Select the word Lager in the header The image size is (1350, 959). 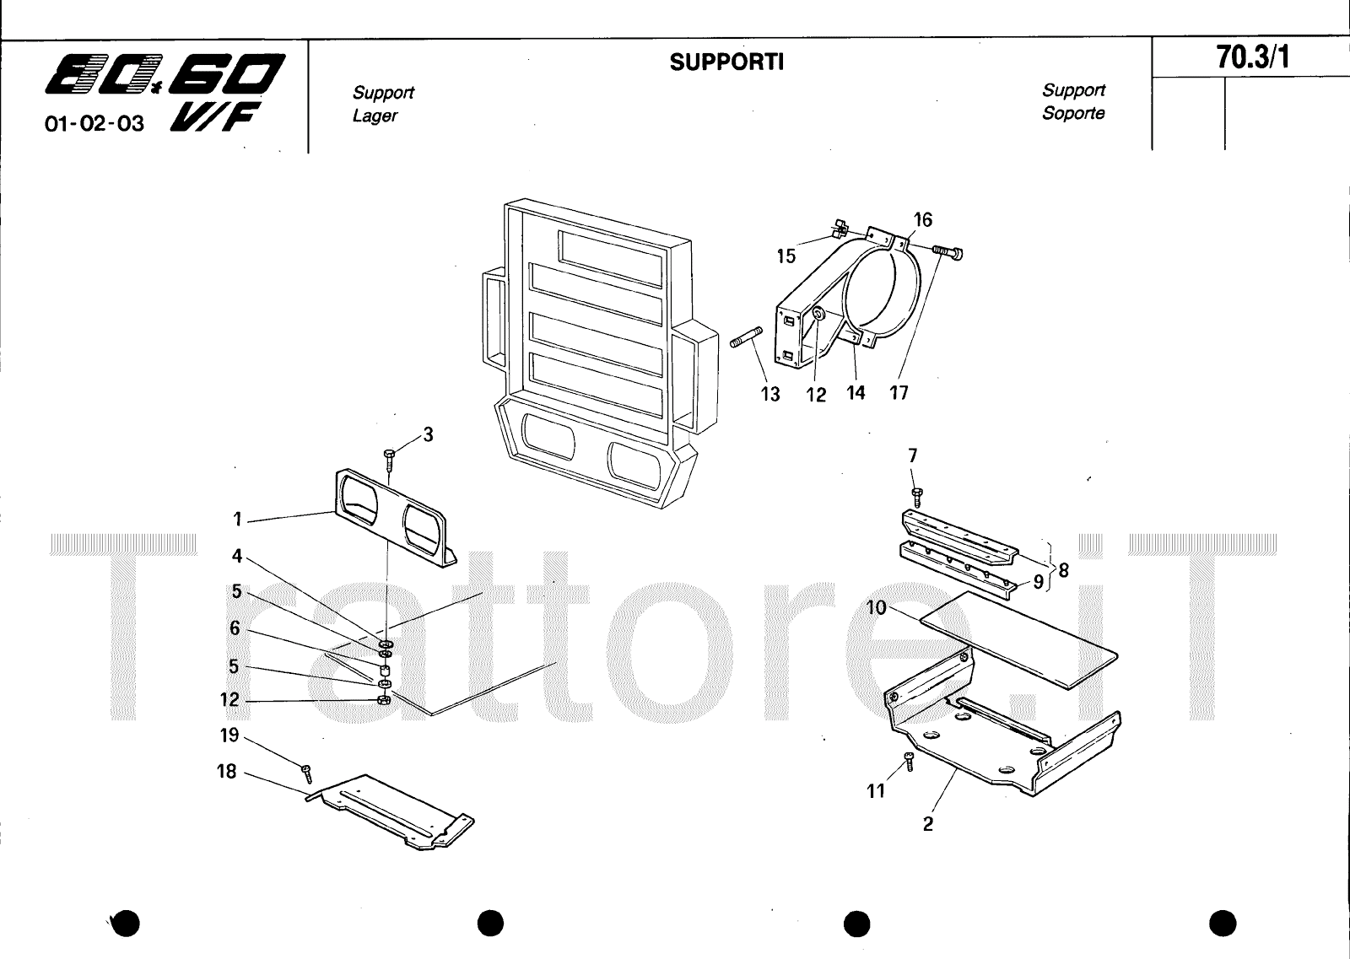tap(375, 116)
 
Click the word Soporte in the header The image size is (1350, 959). tap(1072, 113)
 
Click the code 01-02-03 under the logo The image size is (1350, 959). tap(94, 124)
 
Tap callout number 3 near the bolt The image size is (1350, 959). tap(428, 435)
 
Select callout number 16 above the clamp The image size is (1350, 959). tap(922, 220)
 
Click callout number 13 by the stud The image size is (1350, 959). tap(770, 394)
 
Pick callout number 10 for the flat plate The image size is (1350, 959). tap(876, 608)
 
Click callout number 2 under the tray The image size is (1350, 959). tap(928, 824)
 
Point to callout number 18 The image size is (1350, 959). tap(227, 772)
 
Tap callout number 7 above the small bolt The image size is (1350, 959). tap(912, 455)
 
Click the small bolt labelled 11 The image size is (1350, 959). tap(909, 761)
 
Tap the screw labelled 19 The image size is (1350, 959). tap(307, 772)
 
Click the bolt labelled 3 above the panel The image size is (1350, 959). tap(389, 459)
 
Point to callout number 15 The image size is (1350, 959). tap(786, 256)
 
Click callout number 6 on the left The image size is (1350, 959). tap(235, 628)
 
